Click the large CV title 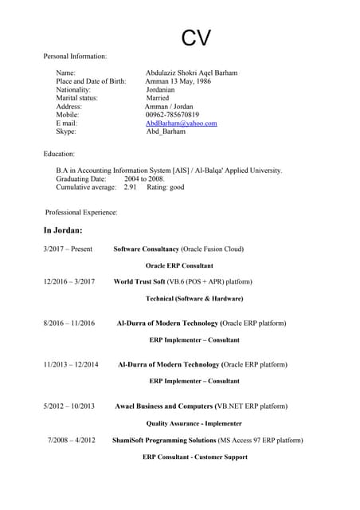tap(196, 37)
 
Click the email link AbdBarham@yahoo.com tap(181, 124)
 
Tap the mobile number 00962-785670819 tap(172, 115)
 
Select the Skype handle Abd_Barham tap(166, 131)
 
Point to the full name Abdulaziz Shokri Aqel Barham tap(191, 73)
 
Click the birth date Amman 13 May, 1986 tap(178, 81)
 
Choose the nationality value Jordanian tap(166, 90)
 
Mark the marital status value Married tap(162, 98)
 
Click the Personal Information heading tap(75, 56)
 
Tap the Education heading tap(59, 154)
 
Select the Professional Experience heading tap(81, 213)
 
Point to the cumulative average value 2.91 tap(131, 187)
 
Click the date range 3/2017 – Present tap(68, 249)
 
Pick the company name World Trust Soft tap(139, 281)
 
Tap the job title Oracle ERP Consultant tap(179, 265)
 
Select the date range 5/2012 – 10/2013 tap(68, 406)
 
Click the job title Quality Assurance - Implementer tap(194, 424)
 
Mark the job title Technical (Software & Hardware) tap(194, 299)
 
